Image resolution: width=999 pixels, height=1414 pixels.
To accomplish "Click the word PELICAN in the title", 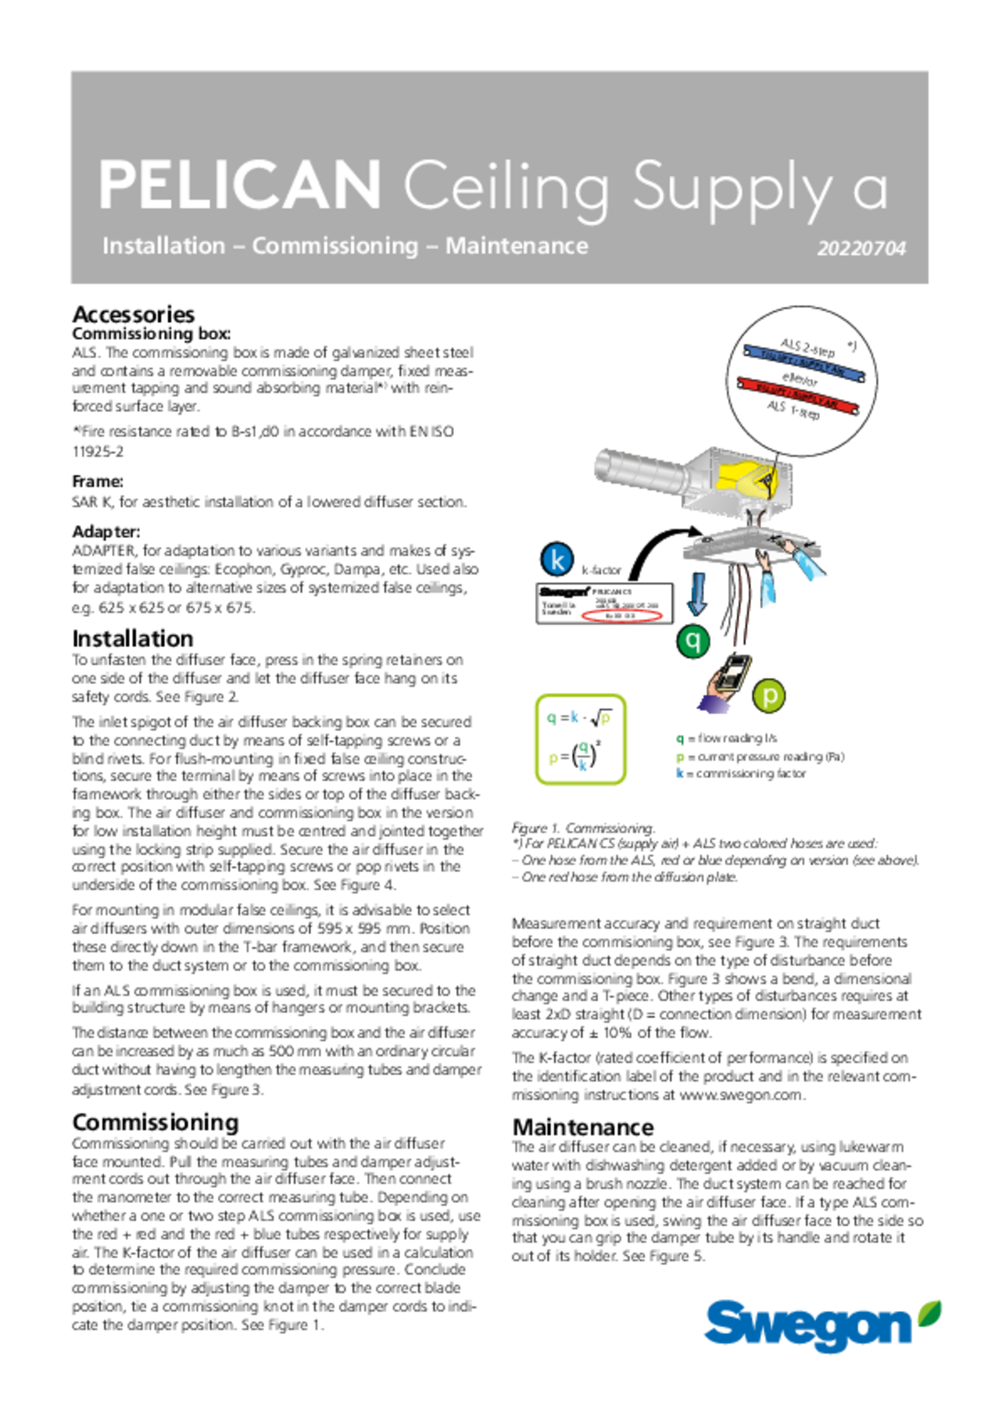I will [240, 185].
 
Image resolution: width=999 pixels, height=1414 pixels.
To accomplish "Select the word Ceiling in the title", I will [506, 186].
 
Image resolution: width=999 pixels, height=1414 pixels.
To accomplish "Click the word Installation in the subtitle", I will [164, 246].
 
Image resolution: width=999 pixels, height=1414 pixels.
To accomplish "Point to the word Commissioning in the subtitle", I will [335, 247].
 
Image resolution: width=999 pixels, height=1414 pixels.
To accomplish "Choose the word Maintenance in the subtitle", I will [516, 246].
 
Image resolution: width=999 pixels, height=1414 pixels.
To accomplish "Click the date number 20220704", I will [861, 249].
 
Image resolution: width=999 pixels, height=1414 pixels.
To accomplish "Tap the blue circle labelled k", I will [557, 559].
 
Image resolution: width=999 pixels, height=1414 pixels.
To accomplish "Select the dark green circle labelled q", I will [693, 640].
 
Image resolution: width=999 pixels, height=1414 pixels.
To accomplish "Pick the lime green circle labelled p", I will [769, 696].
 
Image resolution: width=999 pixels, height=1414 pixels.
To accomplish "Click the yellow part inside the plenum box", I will [746, 478].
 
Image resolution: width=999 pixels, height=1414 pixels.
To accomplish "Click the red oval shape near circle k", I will [624, 615].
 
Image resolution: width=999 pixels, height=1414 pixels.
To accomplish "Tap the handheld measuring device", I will [733, 672].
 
